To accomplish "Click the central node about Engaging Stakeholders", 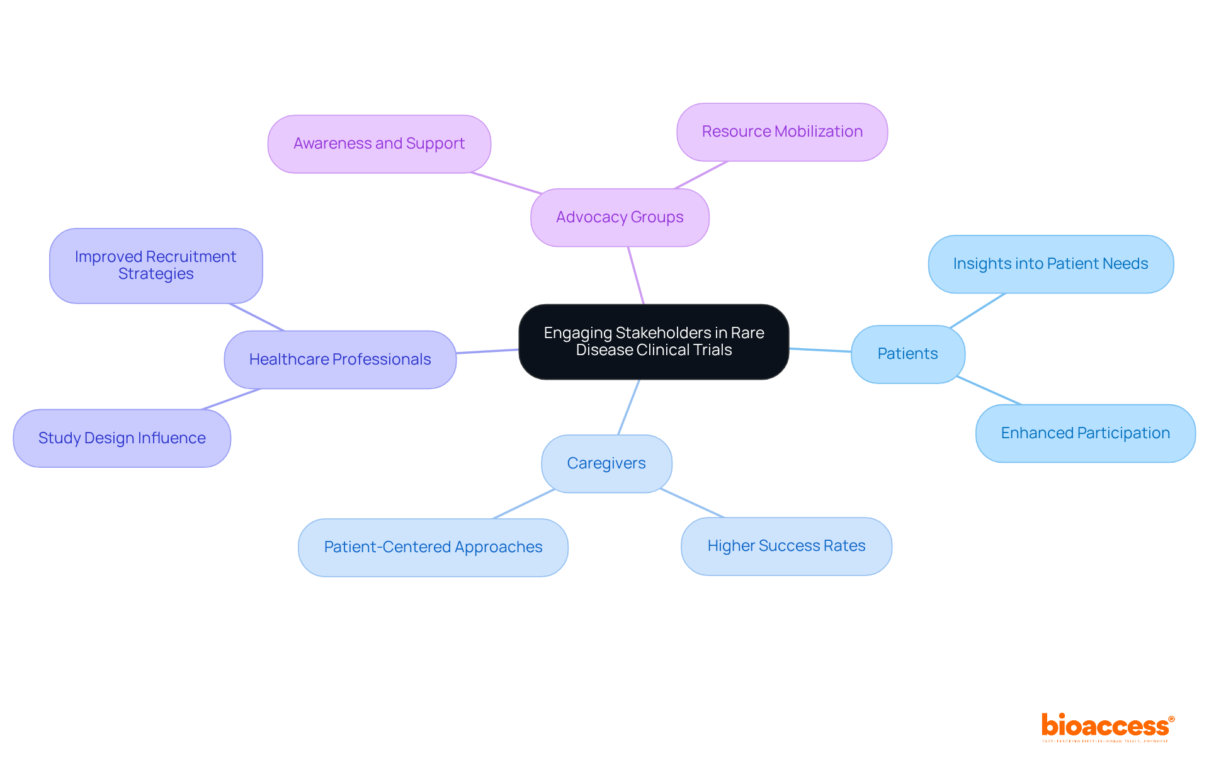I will tap(654, 342).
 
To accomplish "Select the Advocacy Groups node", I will tap(620, 217).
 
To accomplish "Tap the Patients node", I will tap(907, 354).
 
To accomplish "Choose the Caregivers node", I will tap(606, 463).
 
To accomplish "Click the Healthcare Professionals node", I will tap(340, 360).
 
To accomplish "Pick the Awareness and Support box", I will tap(379, 144).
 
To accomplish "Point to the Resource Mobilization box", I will tap(782, 132).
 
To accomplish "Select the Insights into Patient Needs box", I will tap(1050, 264).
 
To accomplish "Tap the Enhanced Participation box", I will tap(1085, 433).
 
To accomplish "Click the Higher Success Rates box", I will tap(786, 546).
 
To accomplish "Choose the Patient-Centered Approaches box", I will tap(433, 547).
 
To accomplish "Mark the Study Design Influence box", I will tap(122, 438).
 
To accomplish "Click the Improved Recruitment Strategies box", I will tap(156, 265).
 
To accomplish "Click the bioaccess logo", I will tap(1107, 727).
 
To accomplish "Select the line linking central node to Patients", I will tap(820, 350).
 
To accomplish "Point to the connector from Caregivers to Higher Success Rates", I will tap(693, 503).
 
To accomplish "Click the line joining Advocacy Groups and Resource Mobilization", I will tap(701, 175).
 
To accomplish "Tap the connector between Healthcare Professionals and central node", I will tap(487, 351).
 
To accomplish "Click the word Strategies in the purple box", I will tap(156, 274).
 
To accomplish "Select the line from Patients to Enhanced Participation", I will tap(989, 390).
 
